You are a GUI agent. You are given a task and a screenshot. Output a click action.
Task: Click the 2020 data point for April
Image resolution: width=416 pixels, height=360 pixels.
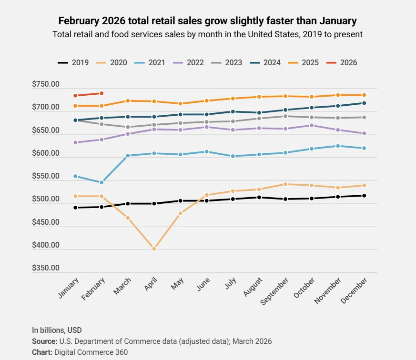154,249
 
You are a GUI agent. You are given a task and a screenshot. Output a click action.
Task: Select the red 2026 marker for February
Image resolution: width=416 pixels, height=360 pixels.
101,93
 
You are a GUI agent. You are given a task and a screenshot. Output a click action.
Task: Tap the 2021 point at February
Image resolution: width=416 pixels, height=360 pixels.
101,182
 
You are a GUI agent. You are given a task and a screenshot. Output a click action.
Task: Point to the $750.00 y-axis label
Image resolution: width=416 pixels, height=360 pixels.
46,84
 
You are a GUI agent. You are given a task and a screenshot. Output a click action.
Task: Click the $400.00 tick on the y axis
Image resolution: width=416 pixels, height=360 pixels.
46,245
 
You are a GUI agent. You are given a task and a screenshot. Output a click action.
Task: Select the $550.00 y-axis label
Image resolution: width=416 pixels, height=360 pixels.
46,176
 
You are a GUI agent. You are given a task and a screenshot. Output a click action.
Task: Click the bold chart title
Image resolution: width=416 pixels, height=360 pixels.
207,21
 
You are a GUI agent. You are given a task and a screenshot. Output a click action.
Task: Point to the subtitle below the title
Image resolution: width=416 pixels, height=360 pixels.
207,34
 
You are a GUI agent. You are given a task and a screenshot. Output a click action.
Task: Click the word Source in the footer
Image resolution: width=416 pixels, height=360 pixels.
44,341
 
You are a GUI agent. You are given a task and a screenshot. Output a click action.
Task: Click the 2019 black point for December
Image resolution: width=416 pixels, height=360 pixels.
364,196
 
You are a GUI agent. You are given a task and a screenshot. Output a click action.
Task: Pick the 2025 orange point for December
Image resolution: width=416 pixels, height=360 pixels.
364,95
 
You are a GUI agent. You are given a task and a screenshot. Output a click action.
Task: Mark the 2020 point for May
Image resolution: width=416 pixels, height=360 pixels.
180,213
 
